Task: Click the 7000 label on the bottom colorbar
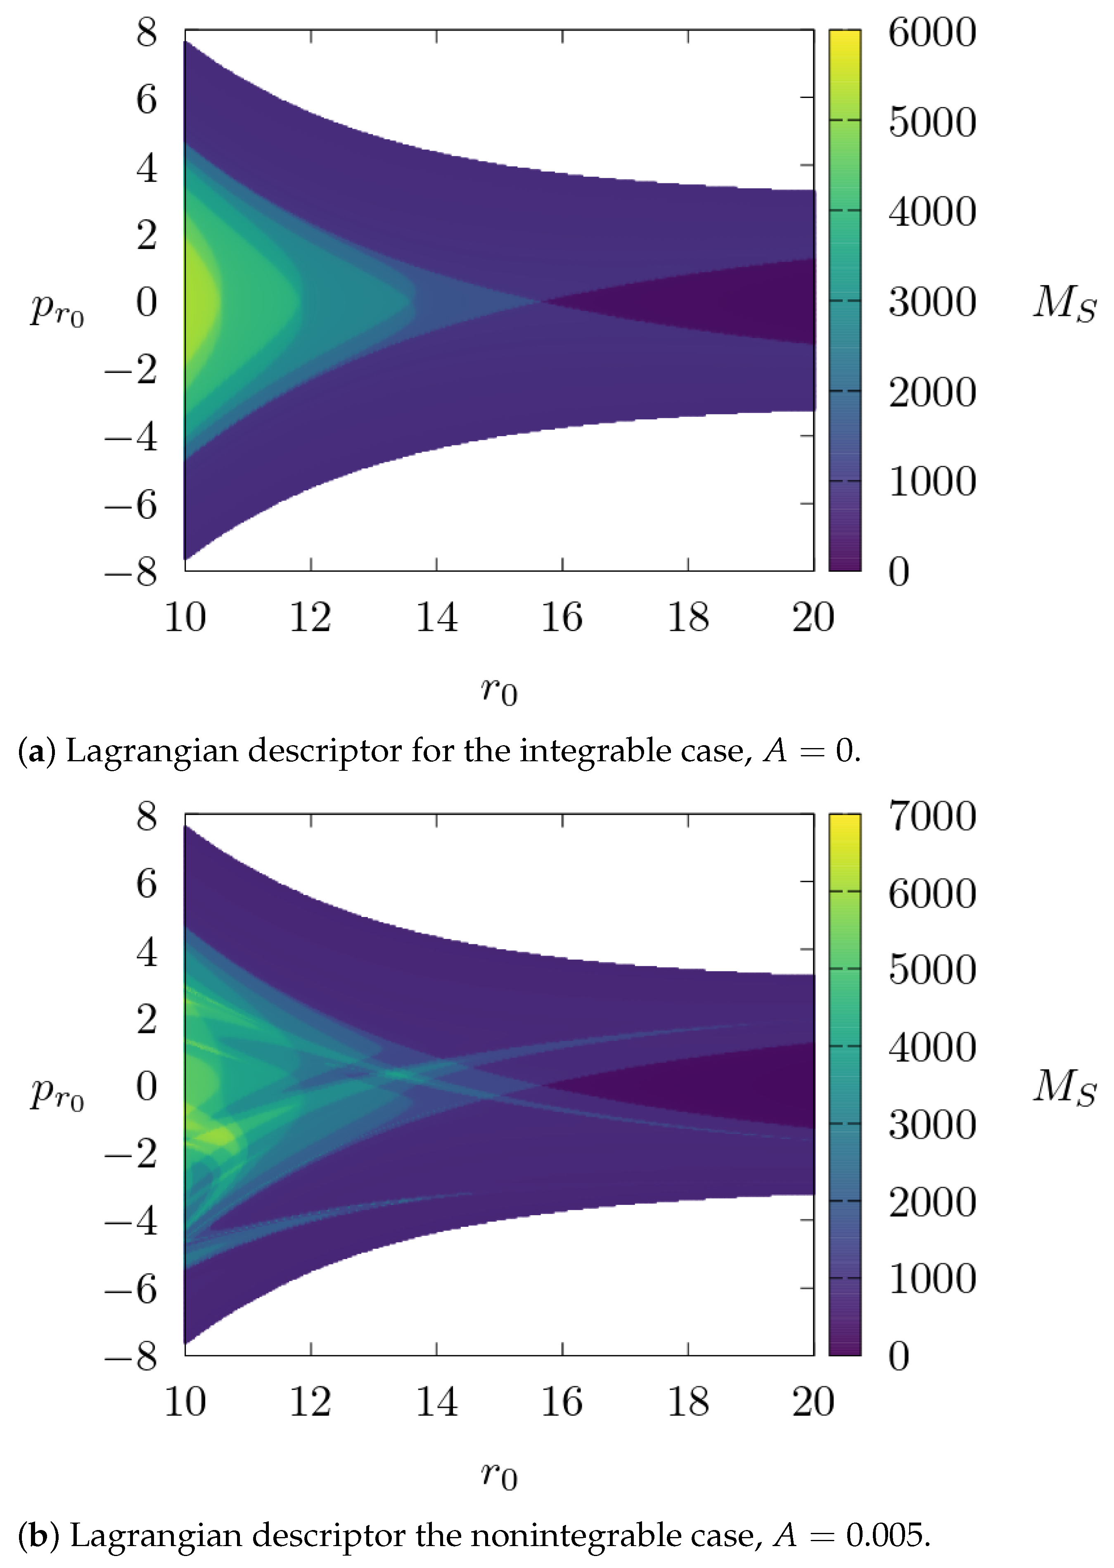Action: [x=931, y=817]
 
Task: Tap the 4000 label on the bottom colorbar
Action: [x=931, y=1048]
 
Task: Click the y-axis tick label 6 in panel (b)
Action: [x=146, y=883]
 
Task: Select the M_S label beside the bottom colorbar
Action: [x=1064, y=1087]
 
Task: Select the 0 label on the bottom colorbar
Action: [x=898, y=1357]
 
